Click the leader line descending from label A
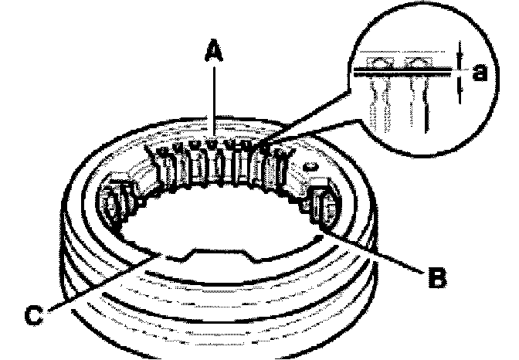coord(213,100)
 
